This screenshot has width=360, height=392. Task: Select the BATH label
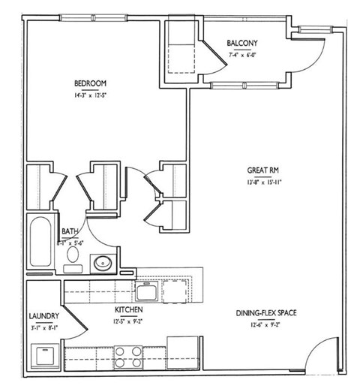[x=70, y=233]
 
